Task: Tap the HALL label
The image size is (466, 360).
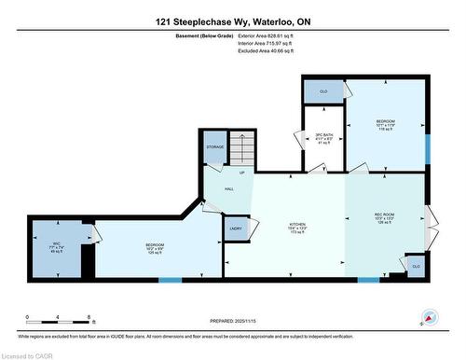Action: [228, 189]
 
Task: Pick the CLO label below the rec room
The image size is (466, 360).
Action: [415, 267]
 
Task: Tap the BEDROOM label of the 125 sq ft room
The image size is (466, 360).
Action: [143, 246]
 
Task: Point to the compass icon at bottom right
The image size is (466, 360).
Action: [431, 318]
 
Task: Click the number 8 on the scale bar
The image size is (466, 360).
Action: [89, 317]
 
